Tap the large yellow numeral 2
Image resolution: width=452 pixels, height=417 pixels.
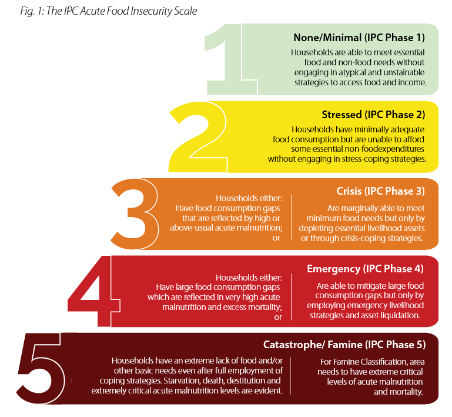194,135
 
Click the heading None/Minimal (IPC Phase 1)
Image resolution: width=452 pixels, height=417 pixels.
359,38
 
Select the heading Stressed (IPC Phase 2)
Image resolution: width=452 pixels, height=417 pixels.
373,114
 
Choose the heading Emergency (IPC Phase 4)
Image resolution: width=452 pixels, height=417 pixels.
365,269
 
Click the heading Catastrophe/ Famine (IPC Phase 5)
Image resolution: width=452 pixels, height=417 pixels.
344,345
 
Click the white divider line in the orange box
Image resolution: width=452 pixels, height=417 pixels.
292,218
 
